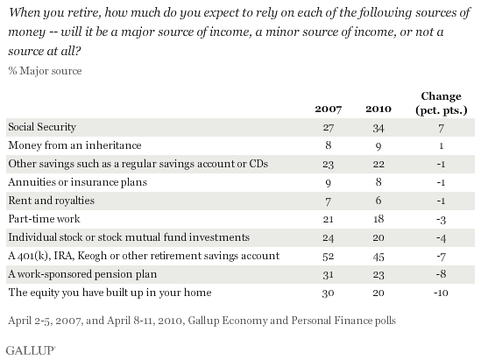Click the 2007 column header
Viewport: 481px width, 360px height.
[x=328, y=109]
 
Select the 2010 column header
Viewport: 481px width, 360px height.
[x=378, y=109]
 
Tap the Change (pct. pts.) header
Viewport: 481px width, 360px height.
[x=441, y=103]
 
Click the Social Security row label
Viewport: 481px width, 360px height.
[x=42, y=127]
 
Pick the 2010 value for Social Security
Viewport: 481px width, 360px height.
[x=378, y=128]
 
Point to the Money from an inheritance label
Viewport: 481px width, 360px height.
[x=74, y=145]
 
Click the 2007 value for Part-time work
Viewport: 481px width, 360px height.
[x=328, y=219]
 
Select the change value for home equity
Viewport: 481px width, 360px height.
[x=441, y=293]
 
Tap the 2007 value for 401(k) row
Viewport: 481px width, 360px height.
[x=328, y=256]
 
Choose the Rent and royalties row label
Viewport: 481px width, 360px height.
[x=51, y=201]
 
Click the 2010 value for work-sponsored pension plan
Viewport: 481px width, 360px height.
[x=378, y=274]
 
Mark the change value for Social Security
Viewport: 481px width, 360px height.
[x=441, y=128]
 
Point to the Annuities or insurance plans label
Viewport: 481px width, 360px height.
[x=78, y=182]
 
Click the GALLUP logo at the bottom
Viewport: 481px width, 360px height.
[x=31, y=350]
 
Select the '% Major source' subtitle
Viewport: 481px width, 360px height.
[x=45, y=71]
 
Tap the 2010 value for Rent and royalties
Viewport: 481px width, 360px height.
[x=378, y=201]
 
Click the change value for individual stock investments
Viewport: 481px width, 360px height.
[x=441, y=238]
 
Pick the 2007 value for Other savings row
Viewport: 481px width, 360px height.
[x=328, y=165]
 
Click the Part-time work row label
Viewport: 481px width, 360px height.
[x=44, y=219]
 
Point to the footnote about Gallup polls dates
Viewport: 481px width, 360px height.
[x=202, y=321]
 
